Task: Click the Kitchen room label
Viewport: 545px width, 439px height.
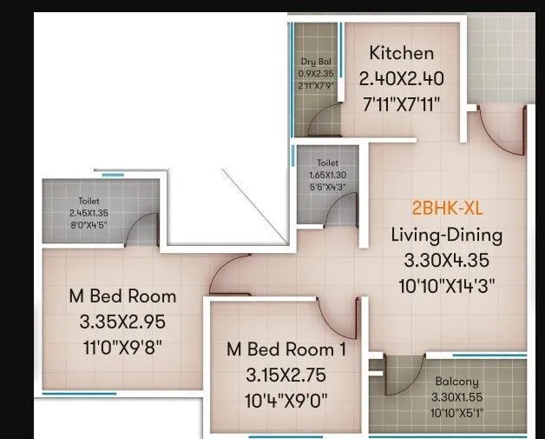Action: tap(401, 52)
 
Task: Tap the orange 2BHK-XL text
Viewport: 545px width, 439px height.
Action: tap(446, 210)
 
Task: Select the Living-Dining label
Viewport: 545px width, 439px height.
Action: tap(446, 235)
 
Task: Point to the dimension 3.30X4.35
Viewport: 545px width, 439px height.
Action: tap(446, 259)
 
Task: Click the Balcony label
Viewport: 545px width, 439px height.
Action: tap(456, 382)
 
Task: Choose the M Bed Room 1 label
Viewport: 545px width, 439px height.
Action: tap(286, 349)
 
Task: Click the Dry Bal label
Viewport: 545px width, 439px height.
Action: tap(315, 62)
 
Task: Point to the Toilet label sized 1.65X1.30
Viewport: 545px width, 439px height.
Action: tap(326, 162)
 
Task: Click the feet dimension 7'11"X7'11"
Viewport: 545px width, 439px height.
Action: tap(401, 104)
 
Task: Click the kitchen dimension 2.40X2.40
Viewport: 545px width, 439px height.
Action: tap(401, 79)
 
